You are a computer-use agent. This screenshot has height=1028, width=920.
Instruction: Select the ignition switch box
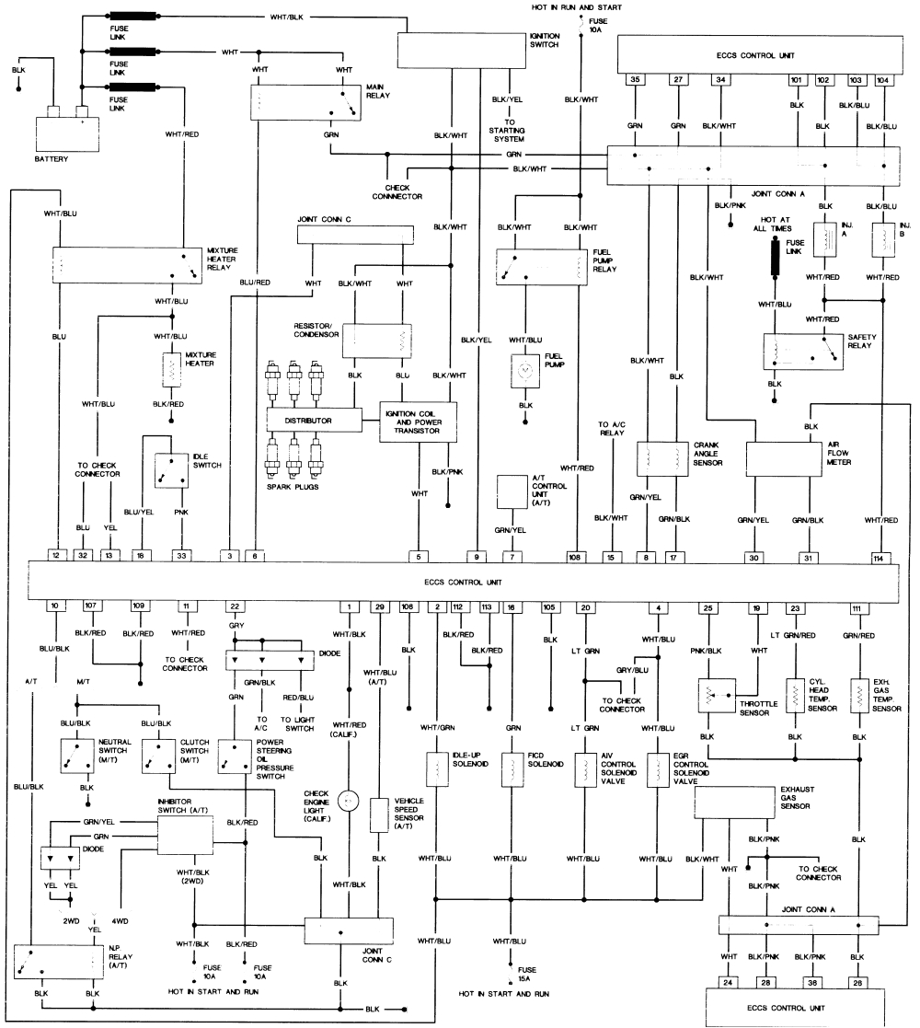click(x=459, y=50)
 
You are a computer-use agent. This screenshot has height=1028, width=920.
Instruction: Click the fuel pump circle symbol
click(x=525, y=370)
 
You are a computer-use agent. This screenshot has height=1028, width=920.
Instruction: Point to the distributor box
click(x=312, y=420)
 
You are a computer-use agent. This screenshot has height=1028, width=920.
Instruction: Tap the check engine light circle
click(x=349, y=800)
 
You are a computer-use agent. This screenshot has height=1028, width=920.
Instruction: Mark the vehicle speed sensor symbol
click(x=378, y=814)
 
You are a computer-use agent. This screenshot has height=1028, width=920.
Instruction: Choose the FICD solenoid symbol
click(x=509, y=769)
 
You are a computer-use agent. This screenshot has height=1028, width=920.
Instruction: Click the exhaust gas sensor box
click(x=734, y=803)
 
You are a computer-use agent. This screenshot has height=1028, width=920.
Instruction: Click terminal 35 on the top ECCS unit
click(x=635, y=80)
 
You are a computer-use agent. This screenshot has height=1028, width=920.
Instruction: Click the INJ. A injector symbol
click(x=823, y=238)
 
